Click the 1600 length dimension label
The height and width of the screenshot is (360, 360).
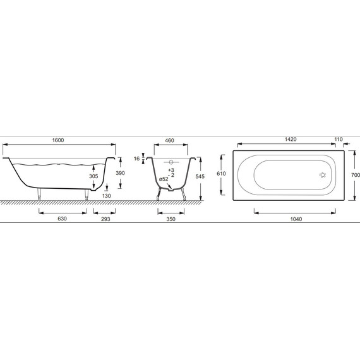[58, 140]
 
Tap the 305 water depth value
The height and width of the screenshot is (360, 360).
[93, 176]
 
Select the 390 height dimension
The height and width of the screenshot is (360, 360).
[120, 173]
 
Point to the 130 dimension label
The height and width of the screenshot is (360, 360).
[106, 196]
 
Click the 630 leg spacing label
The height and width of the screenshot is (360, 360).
[63, 219]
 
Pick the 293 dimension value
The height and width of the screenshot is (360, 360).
[105, 219]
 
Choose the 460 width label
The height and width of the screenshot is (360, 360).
[169, 140]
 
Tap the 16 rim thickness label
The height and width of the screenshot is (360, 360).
[136, 159]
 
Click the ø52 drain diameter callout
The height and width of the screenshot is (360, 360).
[164, 179]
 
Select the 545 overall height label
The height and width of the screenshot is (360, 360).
[200, 176]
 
